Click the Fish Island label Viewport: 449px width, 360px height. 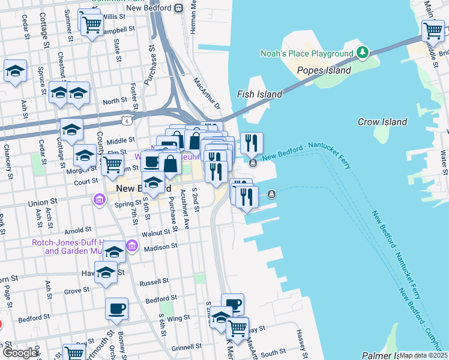[x=259, y=94]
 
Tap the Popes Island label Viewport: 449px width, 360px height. [x=324, y=71]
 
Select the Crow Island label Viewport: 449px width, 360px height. [x=382, y=122]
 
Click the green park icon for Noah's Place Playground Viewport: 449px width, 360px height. [x=362, y=53]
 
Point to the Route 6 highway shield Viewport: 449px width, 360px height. [x=127, y=121]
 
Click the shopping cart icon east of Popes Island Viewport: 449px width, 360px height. [x=432, y=29]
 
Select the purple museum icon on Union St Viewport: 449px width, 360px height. [x=98, y=199]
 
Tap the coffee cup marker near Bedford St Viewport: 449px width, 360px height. [x=116, y=308]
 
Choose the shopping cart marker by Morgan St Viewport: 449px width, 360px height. [x=112, y=164]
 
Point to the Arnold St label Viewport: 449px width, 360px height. [x=79, y=230]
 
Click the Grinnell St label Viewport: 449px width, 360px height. [x=186, y=347]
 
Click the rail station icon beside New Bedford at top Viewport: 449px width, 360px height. [x=178, y=8]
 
